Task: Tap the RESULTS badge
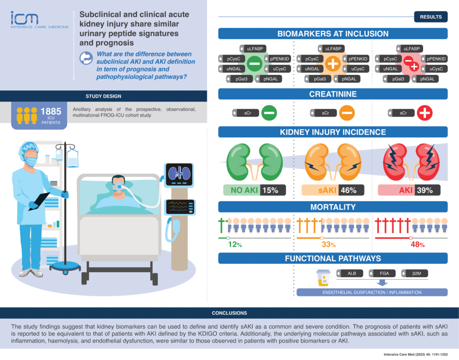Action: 430,17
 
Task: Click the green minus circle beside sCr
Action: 269,113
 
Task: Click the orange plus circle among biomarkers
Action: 333,64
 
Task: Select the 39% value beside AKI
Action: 428,190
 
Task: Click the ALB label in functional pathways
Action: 351,273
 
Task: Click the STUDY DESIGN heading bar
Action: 104,96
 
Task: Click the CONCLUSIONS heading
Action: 229,313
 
